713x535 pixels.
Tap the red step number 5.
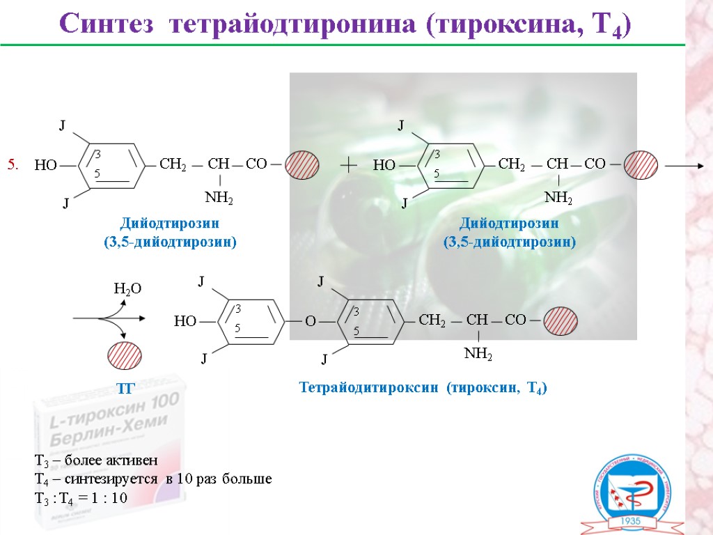point(13,165)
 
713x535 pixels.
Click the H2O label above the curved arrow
point(127,288)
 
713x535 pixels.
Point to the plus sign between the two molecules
point(348,165)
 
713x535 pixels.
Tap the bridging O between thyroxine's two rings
point(311,321)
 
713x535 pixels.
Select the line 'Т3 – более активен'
point(96,461)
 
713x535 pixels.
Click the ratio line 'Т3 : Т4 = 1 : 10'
point(81,497)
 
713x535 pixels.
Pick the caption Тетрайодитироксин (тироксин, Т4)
point(423,387)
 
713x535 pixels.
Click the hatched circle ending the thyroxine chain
point(561,321)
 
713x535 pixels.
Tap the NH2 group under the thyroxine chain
point(478,355)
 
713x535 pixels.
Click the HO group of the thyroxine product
point(185,321)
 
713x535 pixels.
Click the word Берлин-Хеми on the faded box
point(104,440)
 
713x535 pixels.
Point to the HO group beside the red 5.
point(46,166)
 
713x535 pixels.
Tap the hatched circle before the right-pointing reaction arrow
point(641,165)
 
